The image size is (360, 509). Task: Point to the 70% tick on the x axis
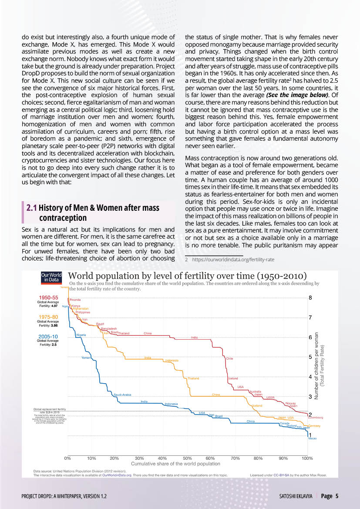pyautogui.click(x=236, y=458)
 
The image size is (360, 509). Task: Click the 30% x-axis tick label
pyautogui.click(x=139, y=458)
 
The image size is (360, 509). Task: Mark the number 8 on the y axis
pyautogui.click(x=310, y=298)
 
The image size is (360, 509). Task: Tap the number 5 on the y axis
pyautogui.click(x=310, y=357)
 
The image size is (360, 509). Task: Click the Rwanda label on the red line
pyautogui.click(x=75, y=300)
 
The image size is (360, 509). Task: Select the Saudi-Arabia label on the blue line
pyautogui.click(x=122, y=395)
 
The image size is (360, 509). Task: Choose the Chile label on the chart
pyautogui.click(x=229, y=358)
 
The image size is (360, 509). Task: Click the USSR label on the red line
pyautogui.click(x=270, y=398)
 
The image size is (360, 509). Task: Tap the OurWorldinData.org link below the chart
pyautogui.click(x=117, y=475)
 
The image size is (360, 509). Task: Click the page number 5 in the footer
pyautogui.click(x=337, y=496)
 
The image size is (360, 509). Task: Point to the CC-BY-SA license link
pyautogui.click(x=279, y=475)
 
